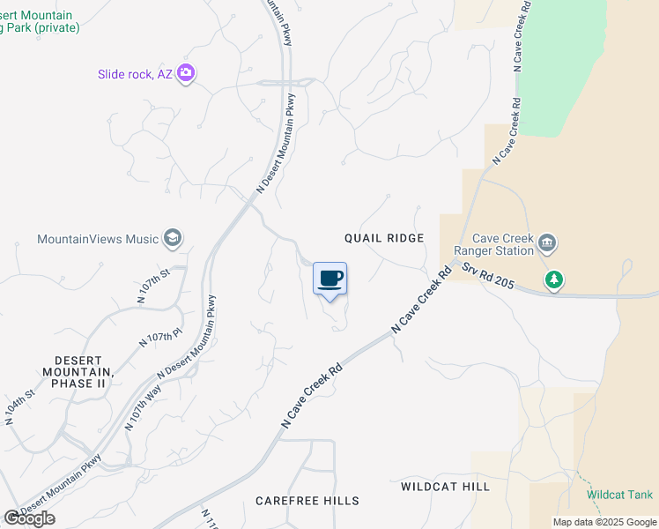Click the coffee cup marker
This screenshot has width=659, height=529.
(x=330, y=279)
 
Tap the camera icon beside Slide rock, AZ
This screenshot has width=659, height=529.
(x=186, y=73)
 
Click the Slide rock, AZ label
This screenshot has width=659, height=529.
(x=135, y=74)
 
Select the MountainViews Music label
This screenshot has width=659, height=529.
(x=98, y=239)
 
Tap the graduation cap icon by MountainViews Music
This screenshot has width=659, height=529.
(x=172, y=239)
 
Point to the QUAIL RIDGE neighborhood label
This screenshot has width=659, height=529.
(x=384, y=238)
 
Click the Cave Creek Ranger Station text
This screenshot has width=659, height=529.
(x=503, y=244)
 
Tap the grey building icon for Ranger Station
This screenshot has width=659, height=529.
(x=547, y=242)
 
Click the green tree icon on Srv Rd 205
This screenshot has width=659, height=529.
(x=553, y=280)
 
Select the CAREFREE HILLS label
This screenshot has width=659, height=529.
(x=307, y=501)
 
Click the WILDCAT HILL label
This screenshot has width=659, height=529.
(x=445, y=487)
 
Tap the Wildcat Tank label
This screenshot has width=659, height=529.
(x=620, y=495)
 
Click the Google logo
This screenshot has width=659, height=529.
(x=30, y=518)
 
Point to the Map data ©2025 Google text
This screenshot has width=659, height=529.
(x=604, y=522)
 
